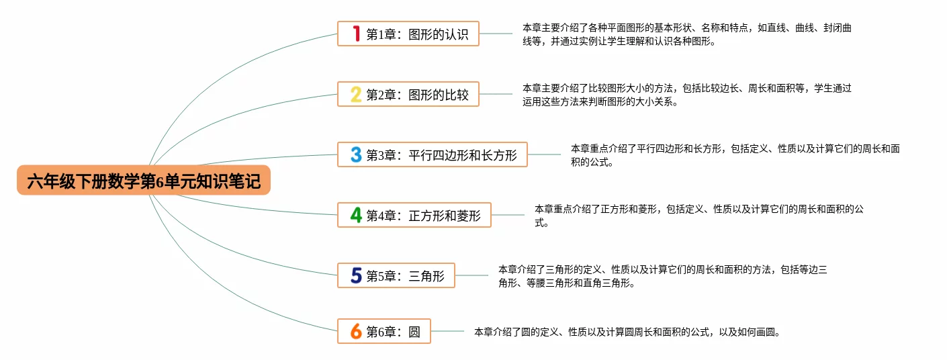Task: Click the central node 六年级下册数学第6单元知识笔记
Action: coord(144,181)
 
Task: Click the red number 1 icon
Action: coord(356,34)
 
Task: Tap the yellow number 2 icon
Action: coord(356,94)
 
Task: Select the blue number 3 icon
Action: coord(356,155)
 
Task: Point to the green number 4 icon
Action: coord(356,215)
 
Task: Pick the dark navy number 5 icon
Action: coord(356,275)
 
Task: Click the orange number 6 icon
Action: coord(356,331)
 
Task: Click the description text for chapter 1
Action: coord(686,34)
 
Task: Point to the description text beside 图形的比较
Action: coord(686,95)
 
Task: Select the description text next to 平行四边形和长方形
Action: coord(735,155)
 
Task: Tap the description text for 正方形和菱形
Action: coord(698,216)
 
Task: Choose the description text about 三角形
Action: coord(662,276)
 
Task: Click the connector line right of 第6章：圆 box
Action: coord(447,331)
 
